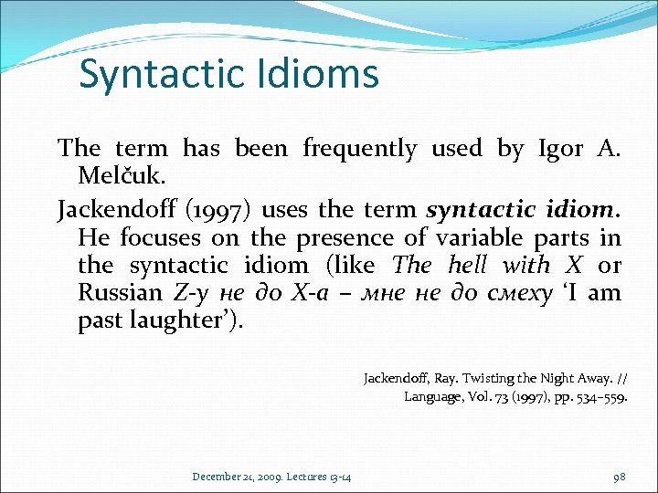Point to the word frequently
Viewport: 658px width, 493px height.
[359, 149]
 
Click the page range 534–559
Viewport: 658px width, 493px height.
[599, 396]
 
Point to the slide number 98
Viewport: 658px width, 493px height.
[620, 477]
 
